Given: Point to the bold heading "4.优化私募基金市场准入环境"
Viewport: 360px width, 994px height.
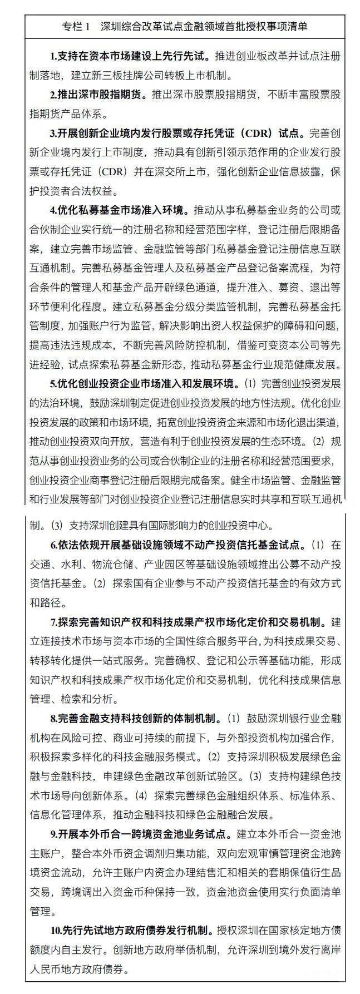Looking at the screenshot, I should (119, 210).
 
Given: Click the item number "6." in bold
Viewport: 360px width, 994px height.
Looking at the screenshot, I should (53, 545).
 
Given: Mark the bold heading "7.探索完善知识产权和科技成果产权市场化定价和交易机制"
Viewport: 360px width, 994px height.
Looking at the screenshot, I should (189, 622).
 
